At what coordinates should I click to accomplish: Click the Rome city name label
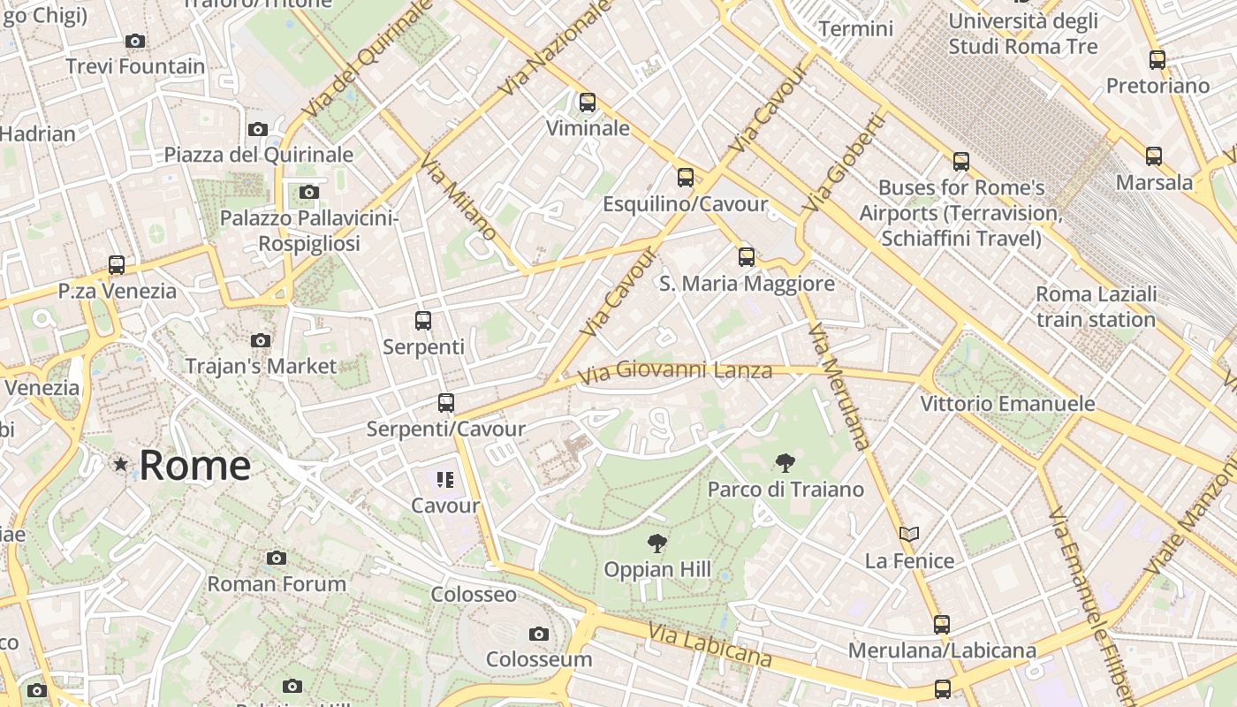tap(195, 466)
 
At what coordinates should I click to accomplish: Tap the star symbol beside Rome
tap(121, 464)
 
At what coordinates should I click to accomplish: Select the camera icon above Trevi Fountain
tap(135, 41)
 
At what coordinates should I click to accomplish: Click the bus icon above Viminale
tap(588, 103)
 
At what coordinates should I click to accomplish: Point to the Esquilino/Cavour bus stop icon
tap(686, 178)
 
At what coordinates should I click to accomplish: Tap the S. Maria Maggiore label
tap(747, 284)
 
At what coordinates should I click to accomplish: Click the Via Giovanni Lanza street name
tap(675, 371)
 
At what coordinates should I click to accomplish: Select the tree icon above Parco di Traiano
tap(785, 462)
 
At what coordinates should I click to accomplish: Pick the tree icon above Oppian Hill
tap(656, 544)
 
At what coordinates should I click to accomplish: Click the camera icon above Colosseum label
tap(538, 634)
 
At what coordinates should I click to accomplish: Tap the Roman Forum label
tap(277, 584)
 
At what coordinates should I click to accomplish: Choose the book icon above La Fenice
tap(909, 535)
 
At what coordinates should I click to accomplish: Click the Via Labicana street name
tap(710, 644)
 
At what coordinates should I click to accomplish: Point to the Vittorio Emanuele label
tap(1007, 404)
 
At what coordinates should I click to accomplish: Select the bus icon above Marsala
tap(1154, 156)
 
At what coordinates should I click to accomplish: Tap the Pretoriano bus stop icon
tap(1157, 60)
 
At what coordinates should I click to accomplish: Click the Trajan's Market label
tap(261, 366)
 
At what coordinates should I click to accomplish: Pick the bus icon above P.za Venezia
tap(117, 265)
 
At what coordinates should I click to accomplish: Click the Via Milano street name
tap(458, 197)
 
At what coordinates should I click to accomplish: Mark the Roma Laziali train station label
tap(1096, 307)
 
